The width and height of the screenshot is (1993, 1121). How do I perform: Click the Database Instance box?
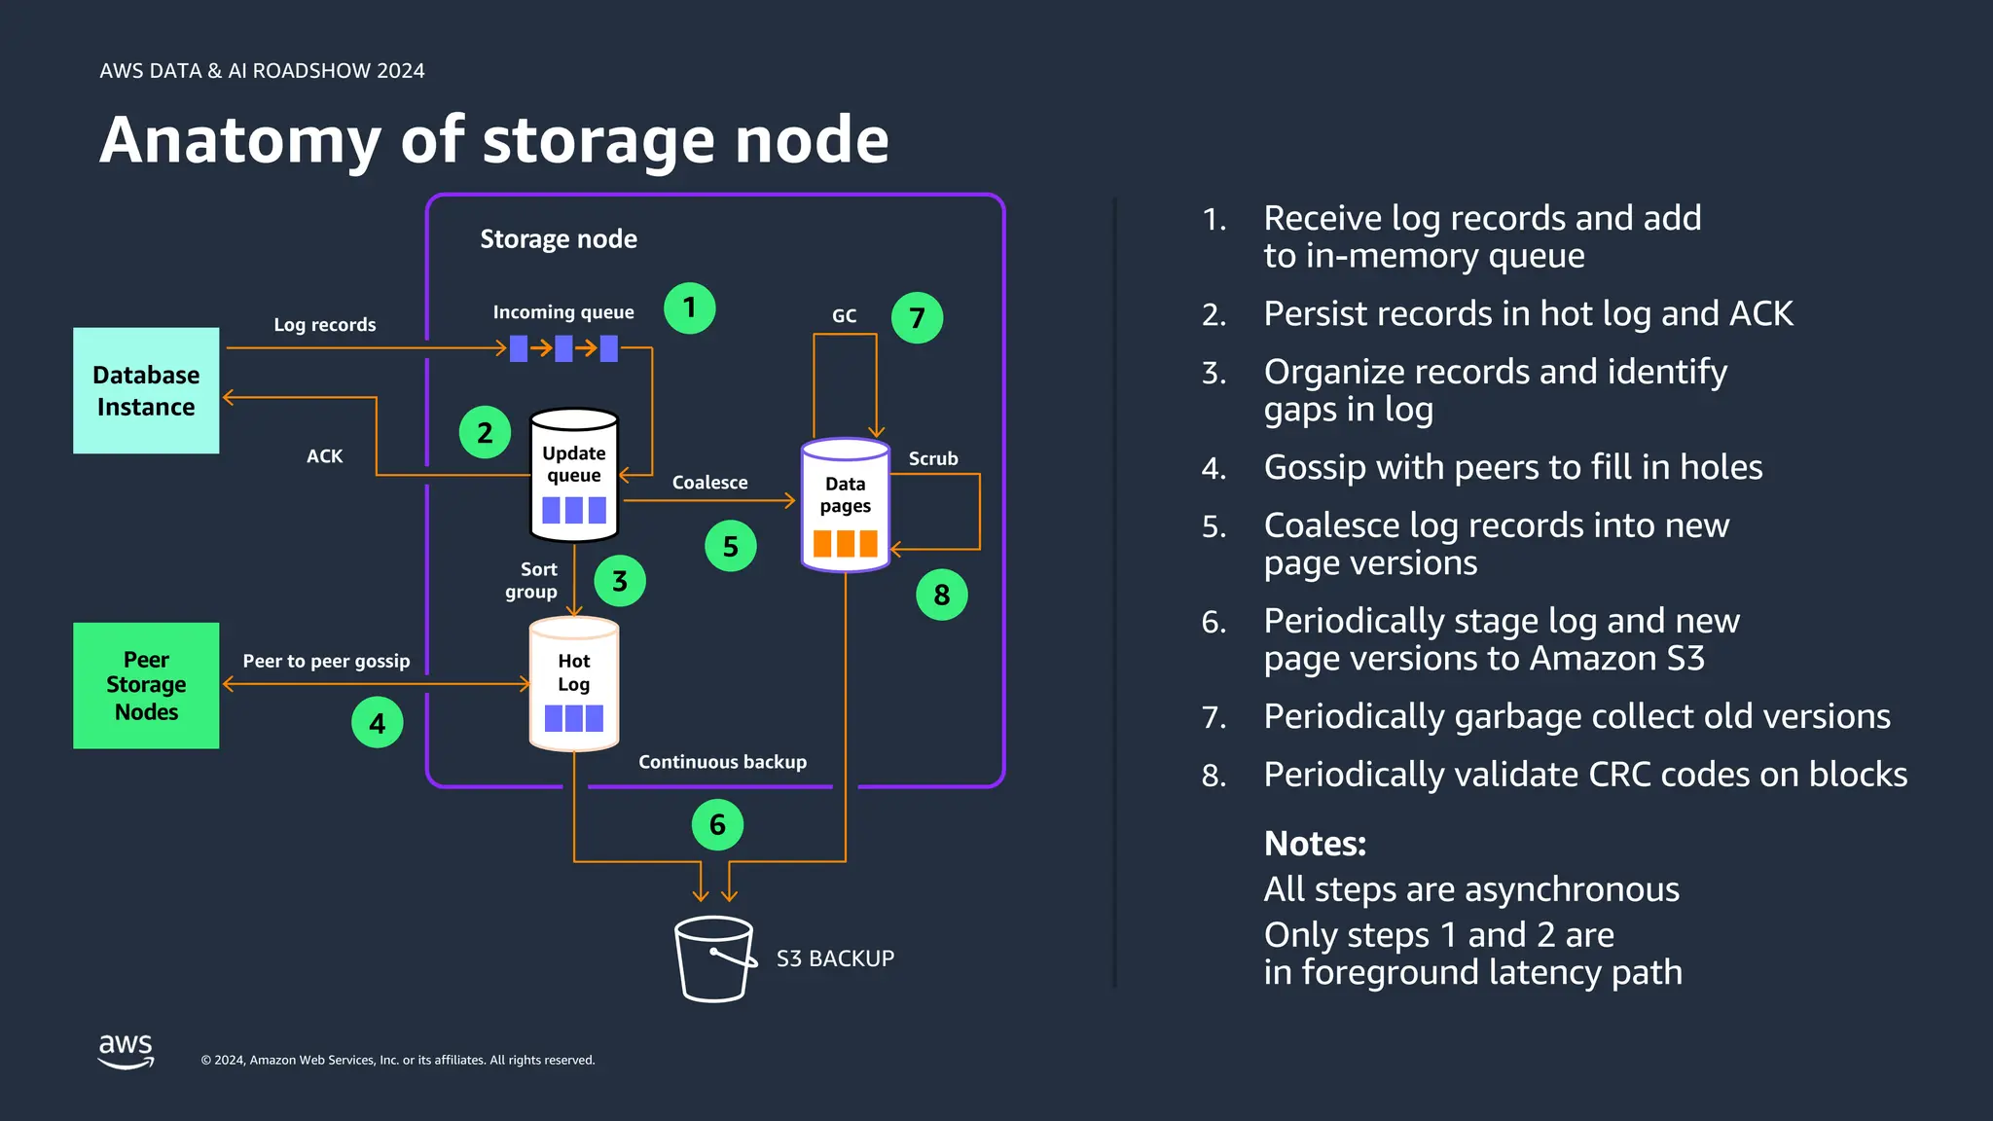146,390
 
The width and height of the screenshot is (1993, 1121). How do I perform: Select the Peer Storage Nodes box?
146,685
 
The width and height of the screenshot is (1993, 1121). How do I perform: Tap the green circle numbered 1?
689,308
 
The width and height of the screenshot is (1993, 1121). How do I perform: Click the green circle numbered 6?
717,825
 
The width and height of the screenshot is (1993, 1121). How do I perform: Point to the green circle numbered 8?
941,595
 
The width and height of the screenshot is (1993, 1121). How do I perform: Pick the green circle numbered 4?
377,723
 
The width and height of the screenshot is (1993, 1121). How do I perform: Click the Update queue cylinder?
574,475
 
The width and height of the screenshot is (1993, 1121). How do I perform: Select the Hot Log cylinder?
574,684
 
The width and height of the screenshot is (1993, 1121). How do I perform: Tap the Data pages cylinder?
845,505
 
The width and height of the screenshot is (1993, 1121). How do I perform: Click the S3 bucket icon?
714,958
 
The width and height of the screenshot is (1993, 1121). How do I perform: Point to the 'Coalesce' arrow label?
709,483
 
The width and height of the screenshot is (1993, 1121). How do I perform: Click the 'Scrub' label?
932,458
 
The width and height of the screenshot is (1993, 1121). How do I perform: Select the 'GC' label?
844,316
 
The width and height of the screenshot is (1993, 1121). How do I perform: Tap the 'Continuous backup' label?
722,762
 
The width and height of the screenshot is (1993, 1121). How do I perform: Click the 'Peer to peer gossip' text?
326,661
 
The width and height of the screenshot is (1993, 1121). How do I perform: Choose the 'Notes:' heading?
1315,844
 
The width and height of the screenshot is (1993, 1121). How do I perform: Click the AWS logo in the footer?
126,1051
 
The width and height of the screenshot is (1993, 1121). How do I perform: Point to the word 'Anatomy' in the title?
240,140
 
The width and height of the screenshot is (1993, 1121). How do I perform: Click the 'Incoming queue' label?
562,312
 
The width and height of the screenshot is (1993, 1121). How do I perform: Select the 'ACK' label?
324,456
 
